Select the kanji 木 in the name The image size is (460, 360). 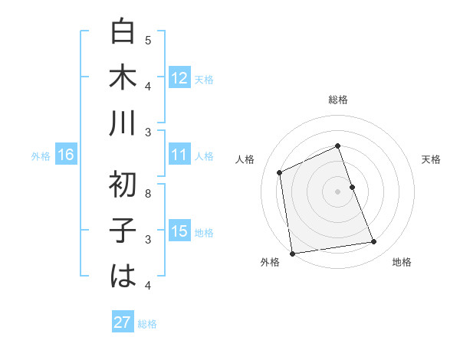point(123,77)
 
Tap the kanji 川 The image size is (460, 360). point(123,123)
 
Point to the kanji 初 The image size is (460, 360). point(123,185)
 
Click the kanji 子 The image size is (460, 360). point(123,231)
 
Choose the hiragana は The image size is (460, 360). point(123,277)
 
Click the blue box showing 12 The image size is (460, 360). point(179,77)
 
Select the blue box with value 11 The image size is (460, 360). point(179,155)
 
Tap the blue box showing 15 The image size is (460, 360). point(179,232)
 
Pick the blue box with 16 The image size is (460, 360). point(66,155)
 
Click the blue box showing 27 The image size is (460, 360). point(123,322)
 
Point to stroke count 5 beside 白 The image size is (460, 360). point(148,40)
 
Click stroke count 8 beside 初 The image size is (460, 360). point(148,193)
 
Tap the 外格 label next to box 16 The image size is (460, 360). point(41,156)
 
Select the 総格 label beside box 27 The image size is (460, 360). point(147,324)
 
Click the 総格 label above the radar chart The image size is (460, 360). point(338,100)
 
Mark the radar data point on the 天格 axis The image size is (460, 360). point(353,187)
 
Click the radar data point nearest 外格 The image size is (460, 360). point(292,254)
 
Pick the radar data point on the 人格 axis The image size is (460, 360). point(280,172)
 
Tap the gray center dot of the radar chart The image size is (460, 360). point(338,191)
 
